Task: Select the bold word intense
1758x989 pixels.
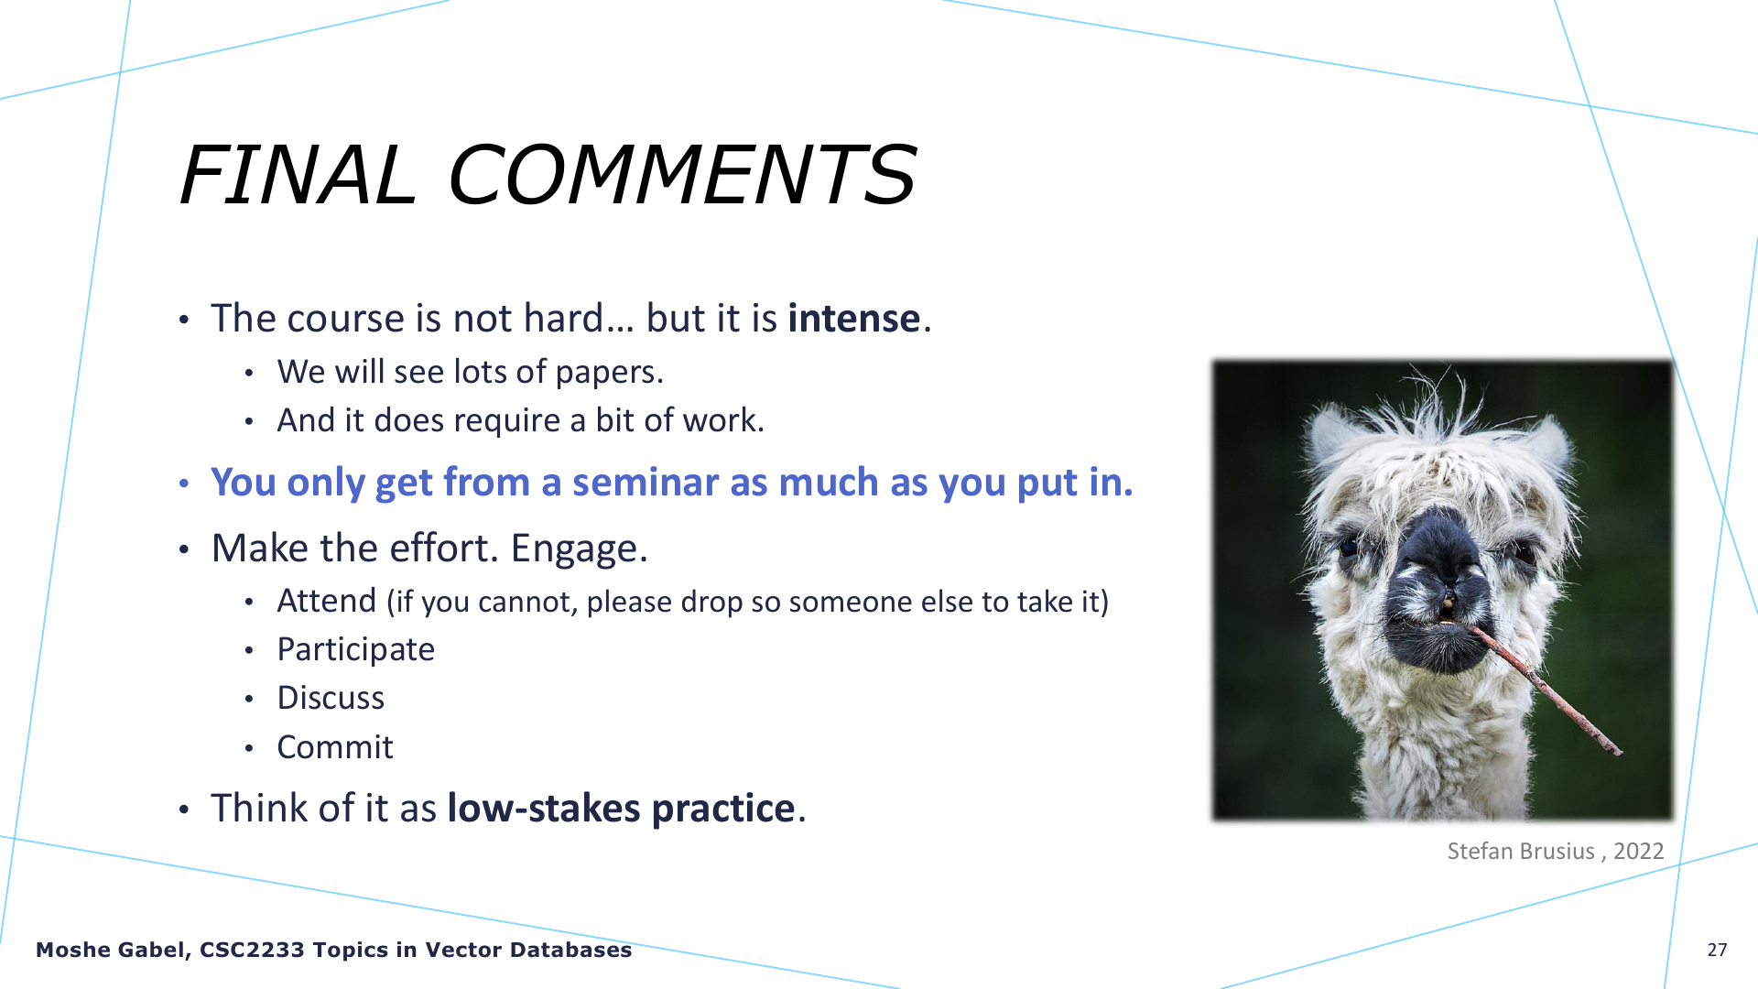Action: click(853, 318)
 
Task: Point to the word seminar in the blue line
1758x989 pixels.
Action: click(645, 482)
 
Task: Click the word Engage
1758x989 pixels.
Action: click(578, 549)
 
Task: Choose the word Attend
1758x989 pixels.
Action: click(327, 601)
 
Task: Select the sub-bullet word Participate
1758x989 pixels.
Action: click(355, 650)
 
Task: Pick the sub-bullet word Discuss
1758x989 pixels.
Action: click(331, 698)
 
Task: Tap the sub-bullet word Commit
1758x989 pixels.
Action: click(335, 747)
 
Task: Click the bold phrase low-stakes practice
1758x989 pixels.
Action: click(621, 809)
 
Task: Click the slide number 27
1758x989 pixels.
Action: click(1717, 950)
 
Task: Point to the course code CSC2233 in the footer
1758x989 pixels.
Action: click(252, 950)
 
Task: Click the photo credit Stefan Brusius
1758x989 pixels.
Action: click(1521, 851)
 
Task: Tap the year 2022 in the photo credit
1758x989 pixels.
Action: click(1638, 851)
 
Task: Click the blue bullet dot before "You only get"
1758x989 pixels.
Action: click(184, 483)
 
